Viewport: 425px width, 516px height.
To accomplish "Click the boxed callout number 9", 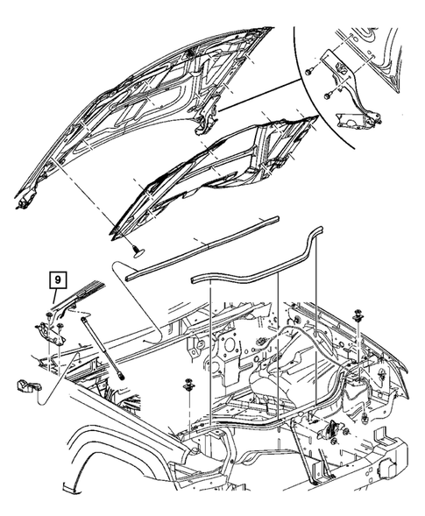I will click(x=57, y=280).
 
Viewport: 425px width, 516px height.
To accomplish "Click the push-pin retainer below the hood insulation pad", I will click(x=138, y=252).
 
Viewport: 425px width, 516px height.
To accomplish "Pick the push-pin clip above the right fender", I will click(x=360, y=316).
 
